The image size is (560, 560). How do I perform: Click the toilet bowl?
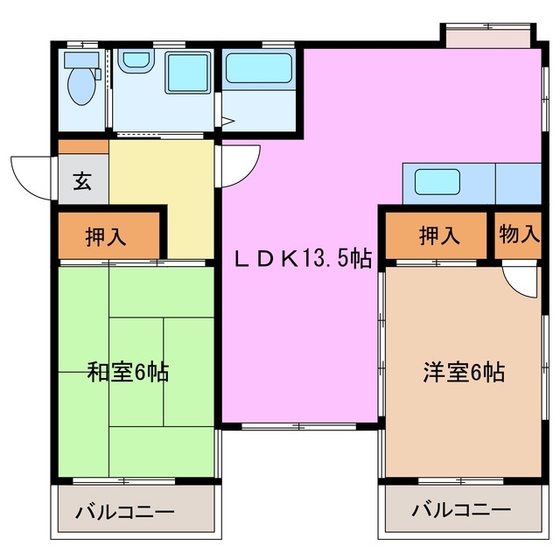[81, 85]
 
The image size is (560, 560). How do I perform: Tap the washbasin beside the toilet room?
[135, 62]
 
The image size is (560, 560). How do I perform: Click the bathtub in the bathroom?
[257, 67]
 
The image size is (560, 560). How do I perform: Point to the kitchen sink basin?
[436, 181]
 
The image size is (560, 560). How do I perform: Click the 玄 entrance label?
[81, 182]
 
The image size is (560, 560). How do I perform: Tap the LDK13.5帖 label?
[303, 258]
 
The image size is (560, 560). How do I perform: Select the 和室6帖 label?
[128, 372]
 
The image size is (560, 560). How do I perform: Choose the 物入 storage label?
[518, 235]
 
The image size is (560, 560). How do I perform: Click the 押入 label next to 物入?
[437, 235]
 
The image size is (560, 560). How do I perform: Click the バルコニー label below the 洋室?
[461, 509]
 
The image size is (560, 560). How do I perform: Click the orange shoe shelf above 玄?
[83, 147]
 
